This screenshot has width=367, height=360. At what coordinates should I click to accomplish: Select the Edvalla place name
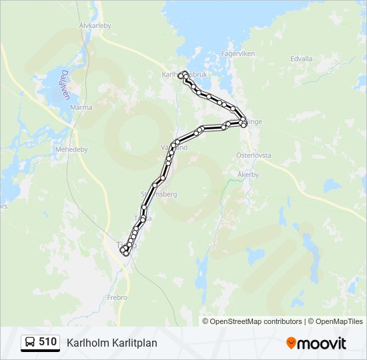coord(302,59)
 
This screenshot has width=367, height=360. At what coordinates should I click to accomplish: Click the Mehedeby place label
coord(72,149)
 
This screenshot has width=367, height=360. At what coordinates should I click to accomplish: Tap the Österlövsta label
coord(254,155)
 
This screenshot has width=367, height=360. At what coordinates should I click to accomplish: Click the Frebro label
coord(117,297)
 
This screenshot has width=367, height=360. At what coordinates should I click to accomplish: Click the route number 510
coord(47,342)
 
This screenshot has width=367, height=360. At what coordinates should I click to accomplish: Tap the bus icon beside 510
coord(30,343)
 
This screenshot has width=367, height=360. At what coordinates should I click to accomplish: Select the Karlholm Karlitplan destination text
coord(111,343)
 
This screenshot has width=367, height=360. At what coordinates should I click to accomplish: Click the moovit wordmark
coord(322,343)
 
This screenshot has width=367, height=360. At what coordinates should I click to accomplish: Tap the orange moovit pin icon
coord(292,343)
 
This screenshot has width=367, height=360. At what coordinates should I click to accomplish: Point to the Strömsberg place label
coord(158,193)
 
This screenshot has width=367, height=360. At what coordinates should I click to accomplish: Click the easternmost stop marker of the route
coord(244,123)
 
